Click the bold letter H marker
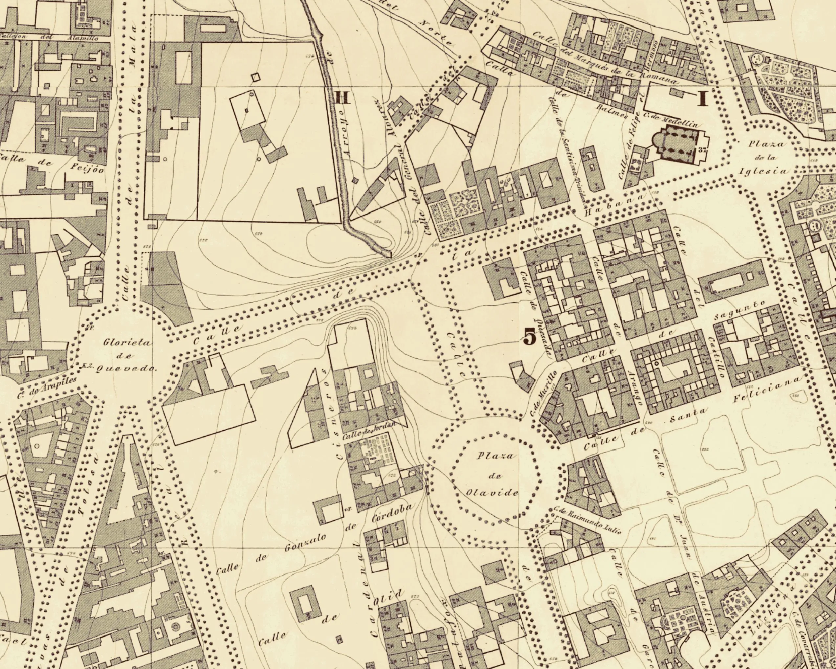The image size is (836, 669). pyautogui.click(x=342, y=97)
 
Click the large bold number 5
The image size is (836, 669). pyautogui.click(x=530, y=337)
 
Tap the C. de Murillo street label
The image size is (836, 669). pyautogui.click(x=543, y=394)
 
